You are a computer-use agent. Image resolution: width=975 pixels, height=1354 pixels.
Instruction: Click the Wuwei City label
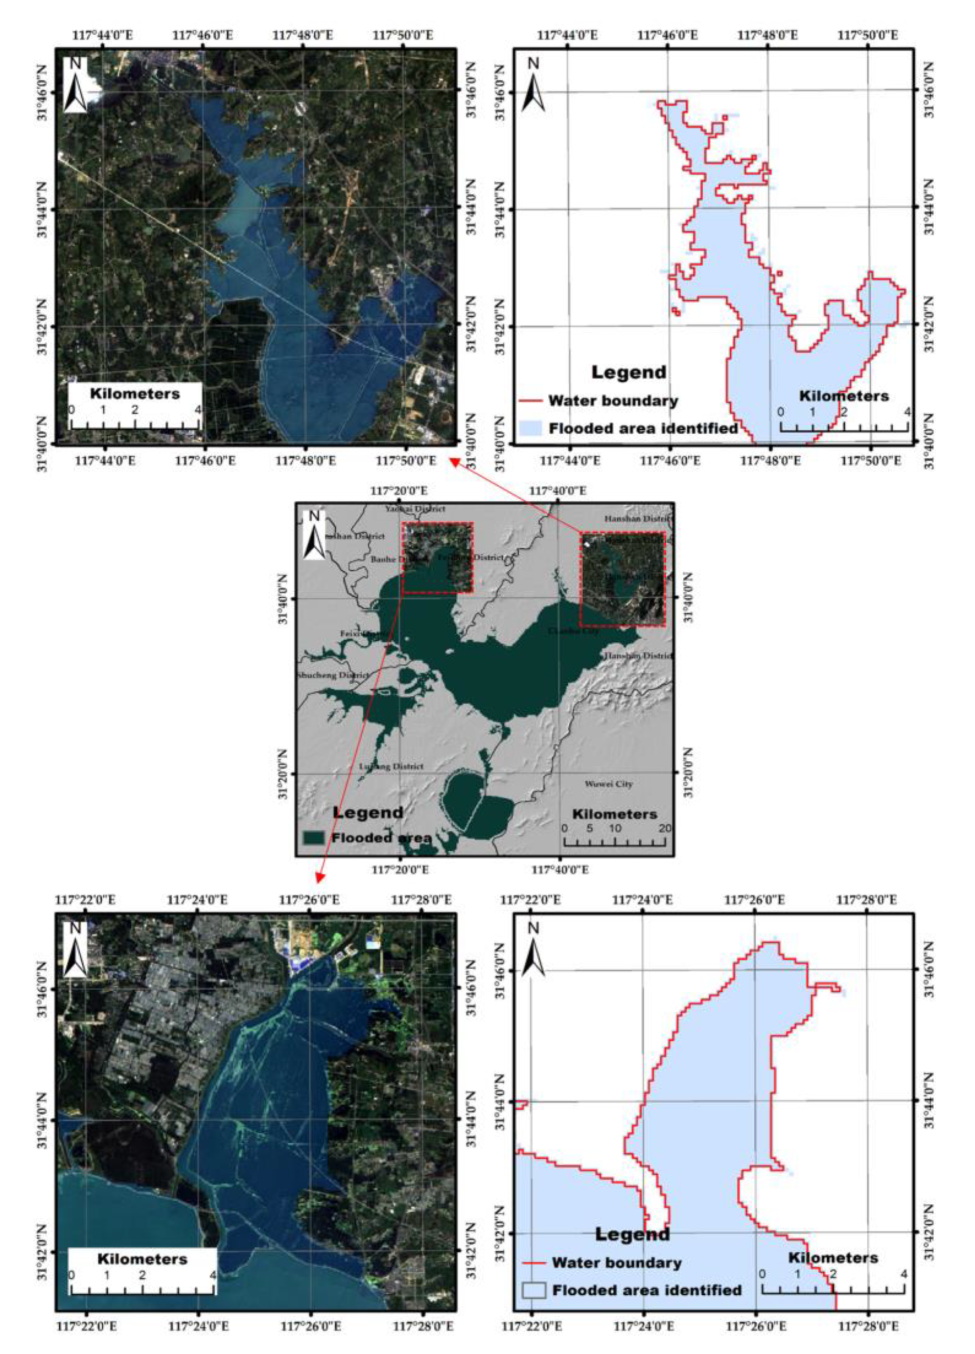coord(609,784)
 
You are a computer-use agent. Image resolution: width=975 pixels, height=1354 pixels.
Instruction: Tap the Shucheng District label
coord(333,675)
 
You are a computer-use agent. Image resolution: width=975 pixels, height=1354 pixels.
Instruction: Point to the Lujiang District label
coord(391,766)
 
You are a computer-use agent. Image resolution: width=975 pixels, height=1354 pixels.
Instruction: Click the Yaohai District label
coord(415,509)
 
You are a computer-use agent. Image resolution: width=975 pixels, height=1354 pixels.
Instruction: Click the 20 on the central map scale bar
coord(664,829)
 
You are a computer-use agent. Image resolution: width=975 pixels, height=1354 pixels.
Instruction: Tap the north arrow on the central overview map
coord(314,535)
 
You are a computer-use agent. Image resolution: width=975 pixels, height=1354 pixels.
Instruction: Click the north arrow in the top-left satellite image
coord(75,85)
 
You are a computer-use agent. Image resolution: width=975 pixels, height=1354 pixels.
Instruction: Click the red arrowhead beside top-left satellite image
coord(454,461)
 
